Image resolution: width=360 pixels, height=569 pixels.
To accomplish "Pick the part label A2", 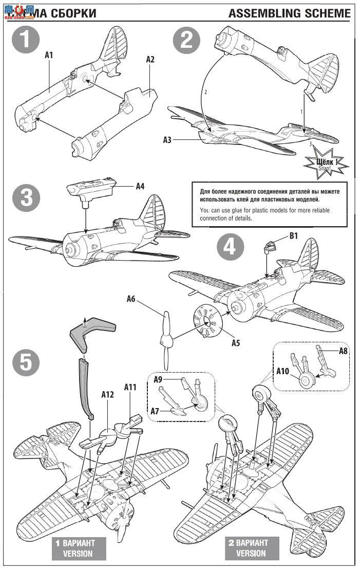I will point(150,59).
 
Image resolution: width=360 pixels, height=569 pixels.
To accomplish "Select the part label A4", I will point(140,186).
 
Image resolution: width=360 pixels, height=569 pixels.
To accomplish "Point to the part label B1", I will point(294,236).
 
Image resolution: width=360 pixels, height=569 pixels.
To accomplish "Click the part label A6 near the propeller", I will point(131,299).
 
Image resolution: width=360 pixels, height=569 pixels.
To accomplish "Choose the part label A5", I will point(235,343).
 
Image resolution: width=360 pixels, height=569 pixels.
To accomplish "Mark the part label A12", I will point(107,394).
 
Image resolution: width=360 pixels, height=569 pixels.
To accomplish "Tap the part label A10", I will point(283,371).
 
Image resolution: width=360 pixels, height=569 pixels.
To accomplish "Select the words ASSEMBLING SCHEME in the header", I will point(290,13).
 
